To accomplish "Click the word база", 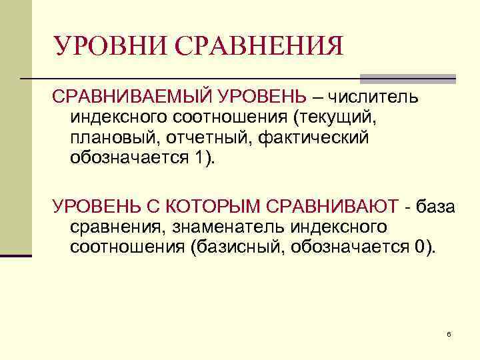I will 435,207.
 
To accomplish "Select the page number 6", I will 449,333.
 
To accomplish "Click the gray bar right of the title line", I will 407,78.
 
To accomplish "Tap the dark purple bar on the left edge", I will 16,255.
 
